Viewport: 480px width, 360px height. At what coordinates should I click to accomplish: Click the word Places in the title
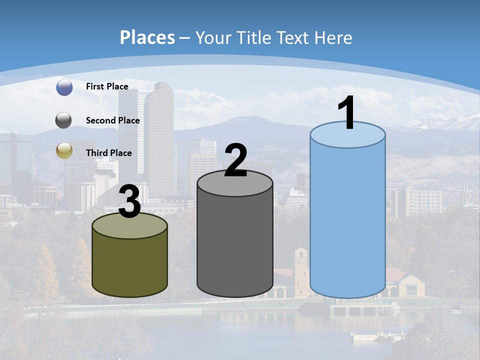tap(147, 37)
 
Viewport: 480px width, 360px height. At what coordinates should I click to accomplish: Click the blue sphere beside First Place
tap(64, 87)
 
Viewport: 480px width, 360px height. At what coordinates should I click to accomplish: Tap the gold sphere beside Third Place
tap(64, 150)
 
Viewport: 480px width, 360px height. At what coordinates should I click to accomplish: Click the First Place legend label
tap(107, 86)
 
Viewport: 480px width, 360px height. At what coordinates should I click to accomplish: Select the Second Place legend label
tap(112, 120)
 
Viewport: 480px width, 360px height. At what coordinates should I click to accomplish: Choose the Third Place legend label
tap(108, 153)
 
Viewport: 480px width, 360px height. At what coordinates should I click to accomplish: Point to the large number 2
tap(236, 160)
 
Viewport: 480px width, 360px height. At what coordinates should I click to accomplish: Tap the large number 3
tap(130, 202)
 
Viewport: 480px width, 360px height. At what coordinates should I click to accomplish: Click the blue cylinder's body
tap(347, 220)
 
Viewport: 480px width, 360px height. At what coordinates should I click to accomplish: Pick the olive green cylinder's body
tap(130, 265)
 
